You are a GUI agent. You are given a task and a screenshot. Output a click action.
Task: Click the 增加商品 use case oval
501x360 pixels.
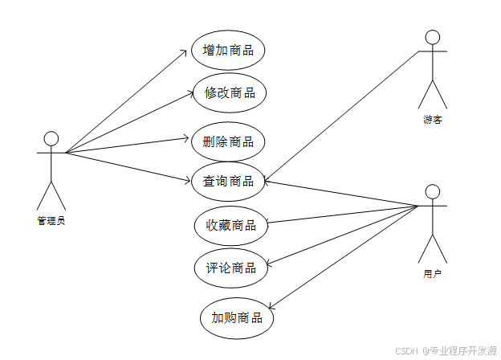point(229,50)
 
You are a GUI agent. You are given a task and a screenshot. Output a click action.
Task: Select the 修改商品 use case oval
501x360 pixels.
point(230,92)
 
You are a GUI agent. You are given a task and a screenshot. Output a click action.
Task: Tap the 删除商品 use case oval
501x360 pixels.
point(228,141)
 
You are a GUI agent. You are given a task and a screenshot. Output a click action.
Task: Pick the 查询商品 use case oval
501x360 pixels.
point(228,181)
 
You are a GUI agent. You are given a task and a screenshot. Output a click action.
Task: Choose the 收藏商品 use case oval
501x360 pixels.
point(230,225)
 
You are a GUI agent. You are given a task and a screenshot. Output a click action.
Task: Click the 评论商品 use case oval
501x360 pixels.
point(230,268)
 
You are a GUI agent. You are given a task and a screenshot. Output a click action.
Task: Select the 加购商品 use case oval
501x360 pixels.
point(237,317)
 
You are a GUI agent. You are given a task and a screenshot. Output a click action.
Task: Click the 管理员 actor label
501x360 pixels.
point(51,220)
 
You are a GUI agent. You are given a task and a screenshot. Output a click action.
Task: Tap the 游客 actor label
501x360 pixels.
point(433,120)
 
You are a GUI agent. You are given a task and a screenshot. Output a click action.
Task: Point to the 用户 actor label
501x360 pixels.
point(432,274)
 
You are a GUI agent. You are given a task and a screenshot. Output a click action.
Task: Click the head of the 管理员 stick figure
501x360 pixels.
point(51,137)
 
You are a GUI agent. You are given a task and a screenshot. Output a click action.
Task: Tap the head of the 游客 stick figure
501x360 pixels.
point(433,37)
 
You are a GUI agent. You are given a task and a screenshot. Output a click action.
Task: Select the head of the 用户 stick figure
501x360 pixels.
point(432,191)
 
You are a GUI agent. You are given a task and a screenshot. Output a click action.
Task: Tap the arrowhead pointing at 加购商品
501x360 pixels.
point(271,309)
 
